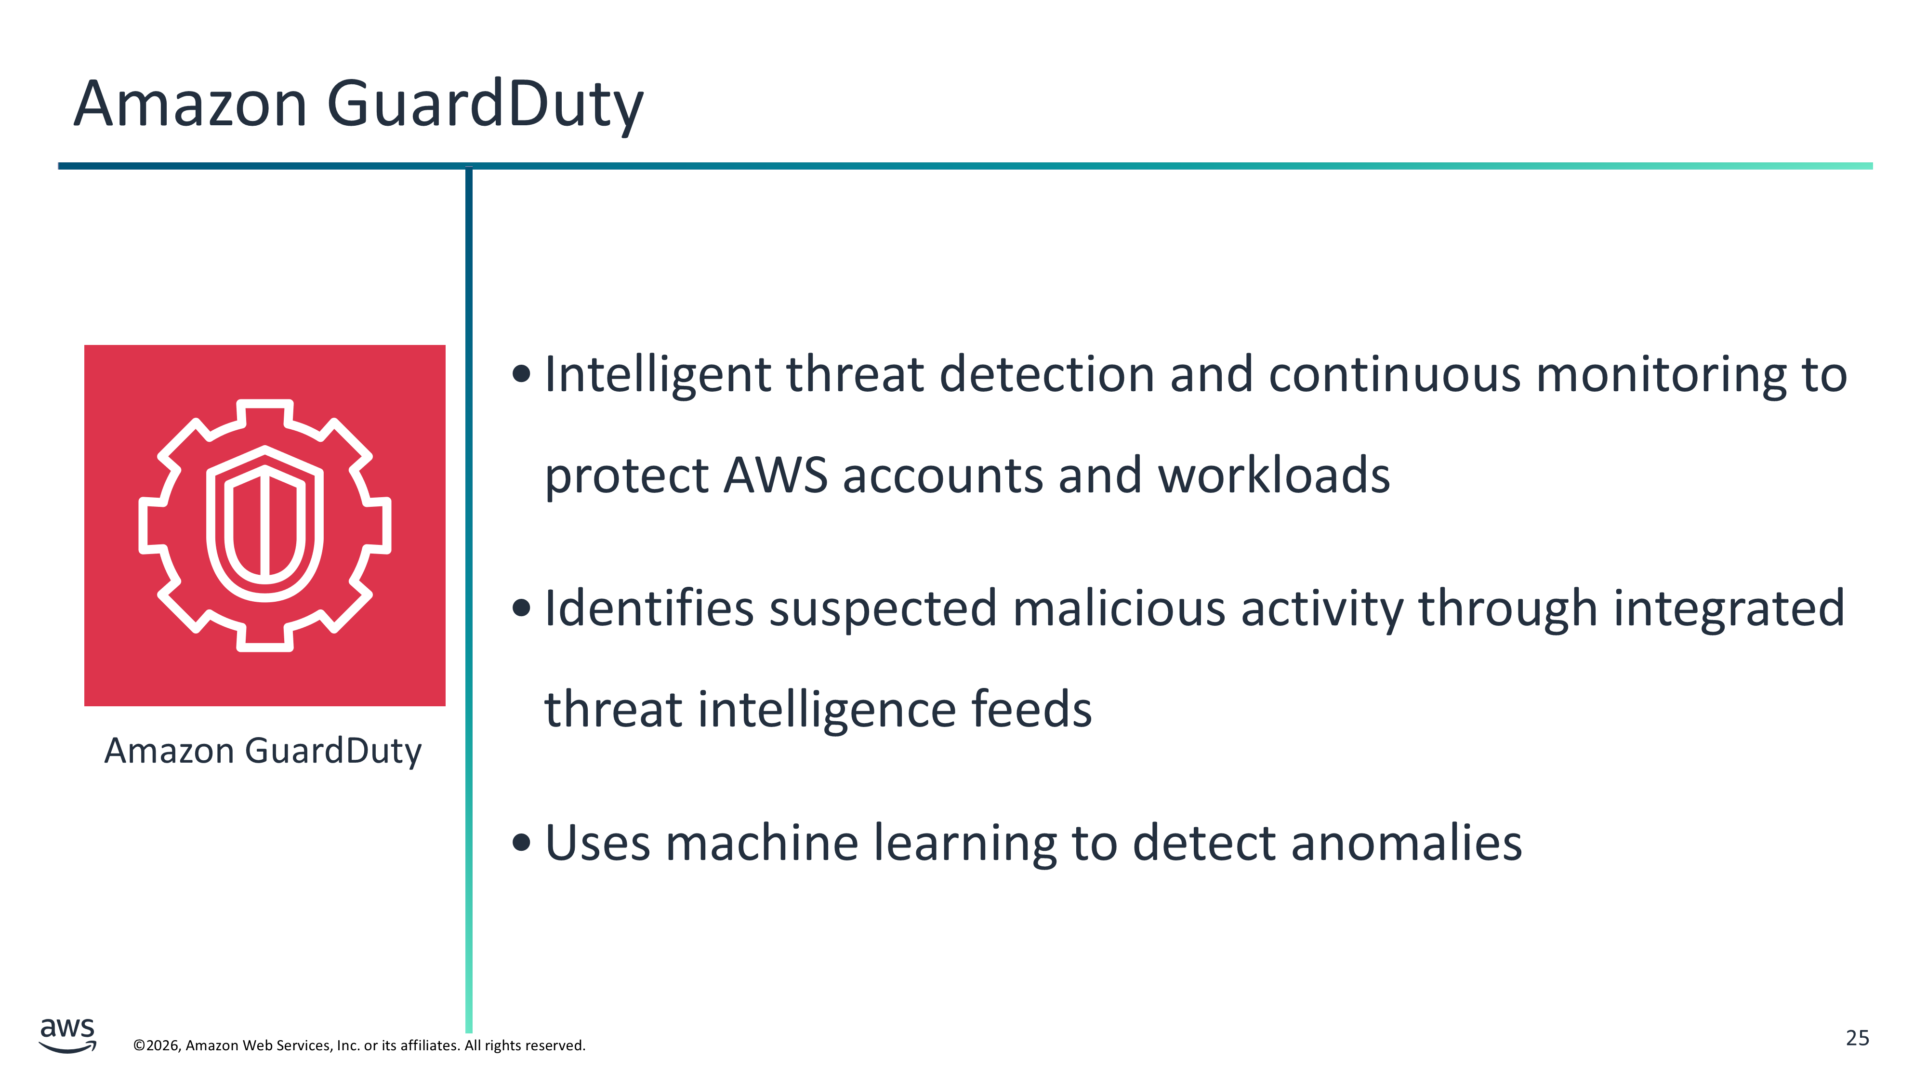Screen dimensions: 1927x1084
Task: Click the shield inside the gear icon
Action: click(265, 524)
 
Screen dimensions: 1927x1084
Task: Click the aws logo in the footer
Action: click(67, 1035)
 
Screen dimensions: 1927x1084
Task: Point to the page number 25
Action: click(1858, 1038)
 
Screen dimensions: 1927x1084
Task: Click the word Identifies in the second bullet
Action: click(649, 608)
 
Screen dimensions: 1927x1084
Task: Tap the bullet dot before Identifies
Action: click(521, 608)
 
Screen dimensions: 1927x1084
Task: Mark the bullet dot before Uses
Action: click(521, 843)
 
